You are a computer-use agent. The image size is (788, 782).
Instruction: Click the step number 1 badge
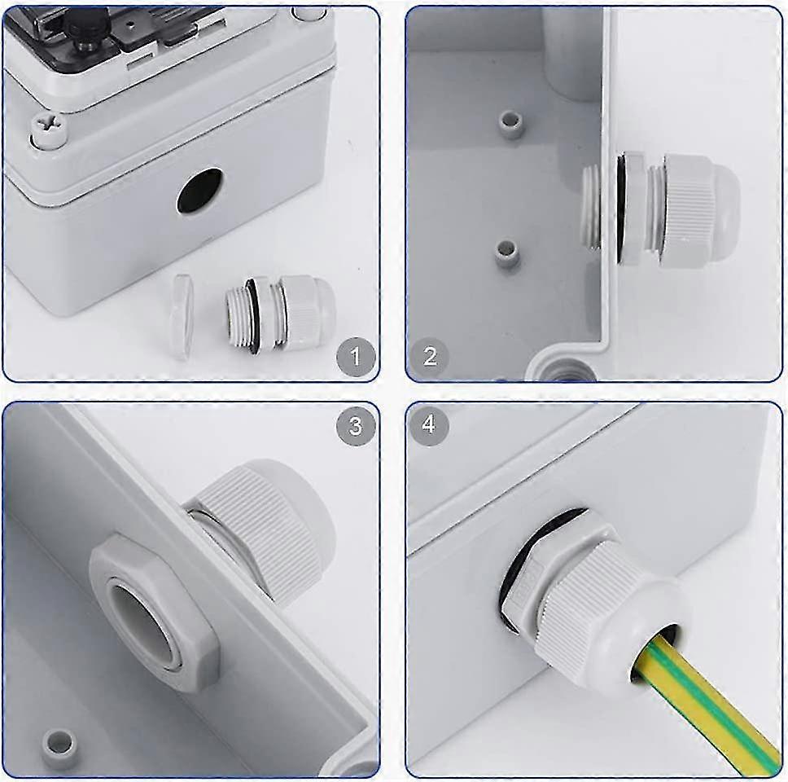point(356,357)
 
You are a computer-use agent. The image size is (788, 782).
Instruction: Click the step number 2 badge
point(430,356)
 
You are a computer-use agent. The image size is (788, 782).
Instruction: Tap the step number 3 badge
point(356,426)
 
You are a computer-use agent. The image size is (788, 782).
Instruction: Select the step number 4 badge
point(429,425)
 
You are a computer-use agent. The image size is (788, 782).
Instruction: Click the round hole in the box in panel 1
point(199,190)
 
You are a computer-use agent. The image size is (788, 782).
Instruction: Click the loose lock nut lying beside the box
point(183,317)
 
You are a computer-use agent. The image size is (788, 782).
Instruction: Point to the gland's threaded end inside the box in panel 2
point(591,209)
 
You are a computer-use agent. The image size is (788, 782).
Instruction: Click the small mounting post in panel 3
point(60,744)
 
